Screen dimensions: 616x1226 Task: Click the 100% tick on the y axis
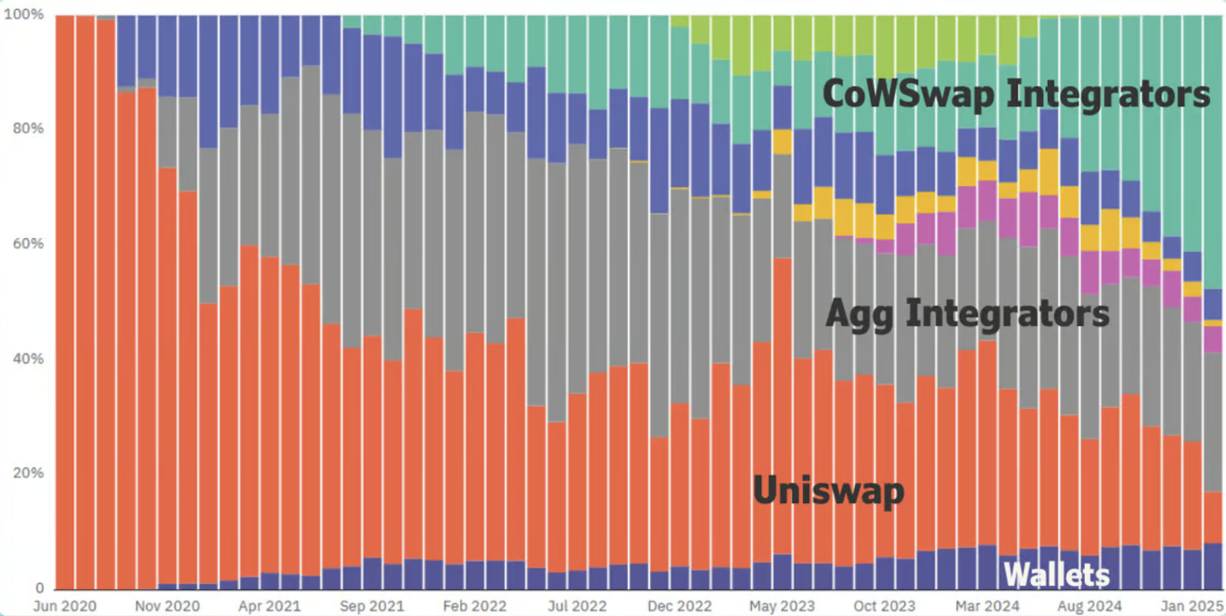24,14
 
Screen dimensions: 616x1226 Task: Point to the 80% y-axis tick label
28,128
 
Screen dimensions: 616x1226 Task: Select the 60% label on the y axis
28,243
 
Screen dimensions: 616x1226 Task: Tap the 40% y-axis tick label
28,358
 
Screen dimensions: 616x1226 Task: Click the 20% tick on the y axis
28,473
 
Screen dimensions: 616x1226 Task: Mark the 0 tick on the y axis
39,588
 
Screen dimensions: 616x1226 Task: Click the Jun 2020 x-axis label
64,606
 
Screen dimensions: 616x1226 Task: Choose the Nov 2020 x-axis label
167,606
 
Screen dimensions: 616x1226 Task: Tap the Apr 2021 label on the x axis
269,606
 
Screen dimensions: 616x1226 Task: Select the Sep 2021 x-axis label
372,606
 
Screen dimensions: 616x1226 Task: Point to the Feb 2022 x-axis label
474,606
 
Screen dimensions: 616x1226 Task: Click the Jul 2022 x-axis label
577,606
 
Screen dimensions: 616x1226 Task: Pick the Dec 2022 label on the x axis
679,606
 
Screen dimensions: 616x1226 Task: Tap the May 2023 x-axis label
782,606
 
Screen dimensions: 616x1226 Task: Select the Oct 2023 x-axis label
884,606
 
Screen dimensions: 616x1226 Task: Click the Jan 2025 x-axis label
1192,606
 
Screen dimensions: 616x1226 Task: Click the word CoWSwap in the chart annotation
908,94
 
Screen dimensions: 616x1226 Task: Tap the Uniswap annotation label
828,491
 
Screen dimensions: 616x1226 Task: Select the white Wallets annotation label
1056,575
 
